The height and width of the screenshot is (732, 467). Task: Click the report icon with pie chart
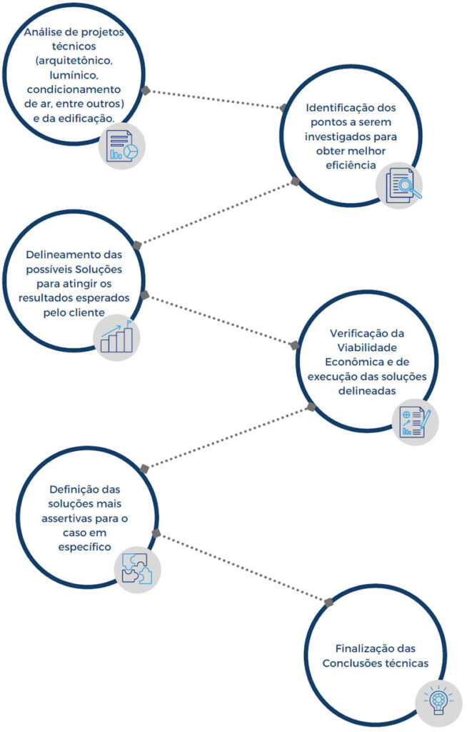tap(122, 146)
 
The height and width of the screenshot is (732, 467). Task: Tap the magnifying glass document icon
tap(399, 185)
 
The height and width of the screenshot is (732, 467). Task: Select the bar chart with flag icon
tap(117, 337)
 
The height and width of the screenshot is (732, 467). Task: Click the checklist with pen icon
tap(415, 422)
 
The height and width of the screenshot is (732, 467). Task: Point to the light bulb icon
tap(438, 700)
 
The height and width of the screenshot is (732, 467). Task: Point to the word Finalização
tap(367, 648)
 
